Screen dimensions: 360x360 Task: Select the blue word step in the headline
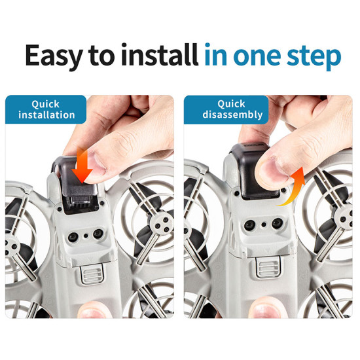314,58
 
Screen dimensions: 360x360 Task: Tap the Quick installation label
46,109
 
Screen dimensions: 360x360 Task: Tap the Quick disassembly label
226,110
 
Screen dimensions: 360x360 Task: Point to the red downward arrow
82,165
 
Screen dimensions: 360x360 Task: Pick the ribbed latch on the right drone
268,267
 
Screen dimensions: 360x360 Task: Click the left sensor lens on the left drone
73,237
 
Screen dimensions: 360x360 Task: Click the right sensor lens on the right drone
277,223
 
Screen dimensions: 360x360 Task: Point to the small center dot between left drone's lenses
86,236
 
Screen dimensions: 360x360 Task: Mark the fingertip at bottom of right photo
266,308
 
